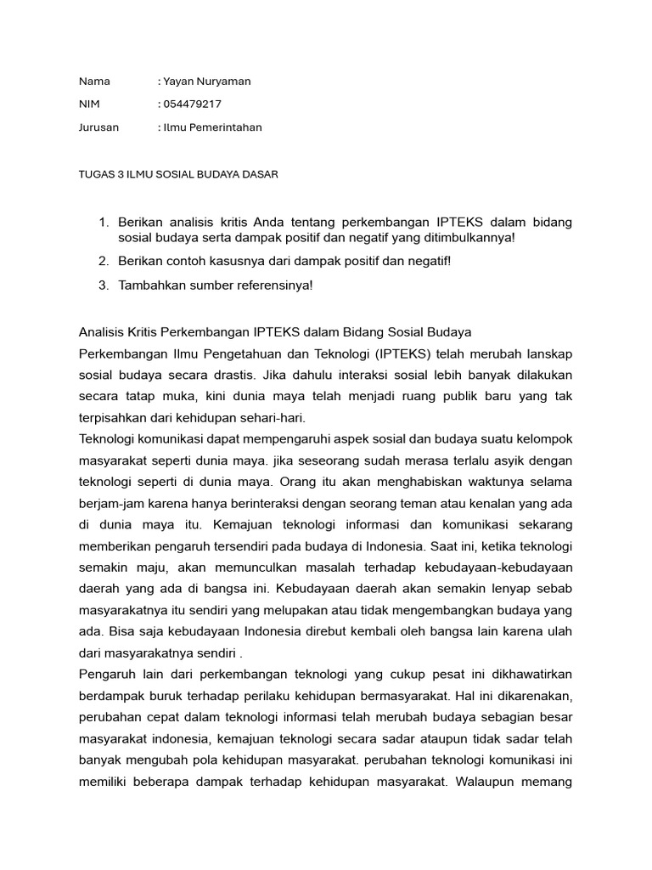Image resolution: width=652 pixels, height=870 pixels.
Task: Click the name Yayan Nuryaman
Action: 206,82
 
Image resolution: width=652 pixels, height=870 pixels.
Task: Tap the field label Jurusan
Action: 98,127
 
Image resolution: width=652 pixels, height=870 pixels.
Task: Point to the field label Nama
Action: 94,82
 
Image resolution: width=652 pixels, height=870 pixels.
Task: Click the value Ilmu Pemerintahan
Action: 212,127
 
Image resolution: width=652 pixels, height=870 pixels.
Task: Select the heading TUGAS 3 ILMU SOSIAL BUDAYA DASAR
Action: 178,174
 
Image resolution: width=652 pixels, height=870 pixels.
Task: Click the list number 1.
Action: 104,223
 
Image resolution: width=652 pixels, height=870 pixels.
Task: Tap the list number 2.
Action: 104,261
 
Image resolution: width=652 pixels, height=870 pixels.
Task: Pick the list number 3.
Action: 104,285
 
